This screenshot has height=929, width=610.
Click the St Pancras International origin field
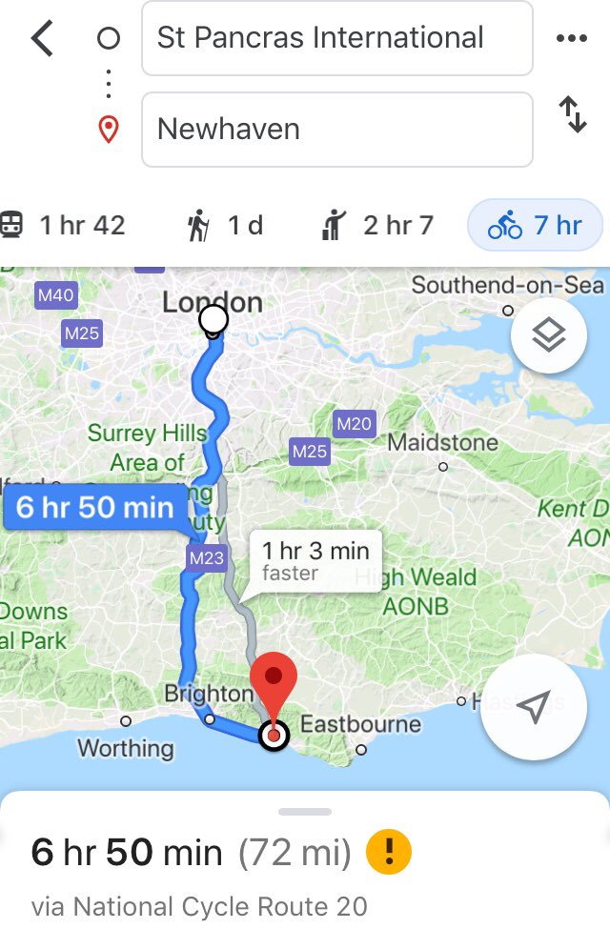point(336,38)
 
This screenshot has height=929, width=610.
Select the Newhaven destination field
point(336,129)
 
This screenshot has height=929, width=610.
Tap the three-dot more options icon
point(571,39)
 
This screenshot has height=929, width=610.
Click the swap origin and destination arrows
point(572,115)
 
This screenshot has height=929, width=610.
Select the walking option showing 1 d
point(225,226)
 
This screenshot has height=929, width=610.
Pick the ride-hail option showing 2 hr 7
point(378,226)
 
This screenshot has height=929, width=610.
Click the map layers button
point(548,334)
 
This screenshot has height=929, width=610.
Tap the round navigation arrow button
point(532,706)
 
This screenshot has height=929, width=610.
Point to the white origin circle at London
point(214,318)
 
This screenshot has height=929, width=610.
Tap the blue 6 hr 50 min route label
point(94,508)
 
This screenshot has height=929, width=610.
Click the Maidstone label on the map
point(442,443)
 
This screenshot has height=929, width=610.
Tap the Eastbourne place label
point(360,725)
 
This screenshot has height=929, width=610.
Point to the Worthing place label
point(126,748)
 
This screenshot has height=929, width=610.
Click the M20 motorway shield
point(355,424)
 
